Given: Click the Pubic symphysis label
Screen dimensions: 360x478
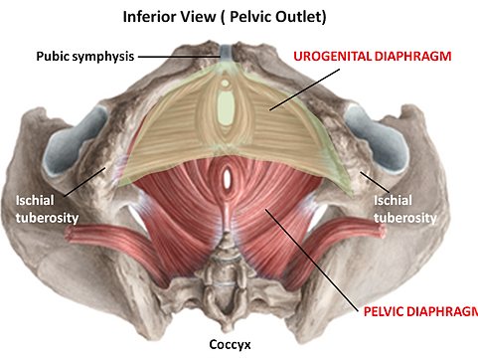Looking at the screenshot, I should coord(84,57).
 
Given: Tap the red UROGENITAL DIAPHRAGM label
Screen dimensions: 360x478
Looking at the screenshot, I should coord(373,57).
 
